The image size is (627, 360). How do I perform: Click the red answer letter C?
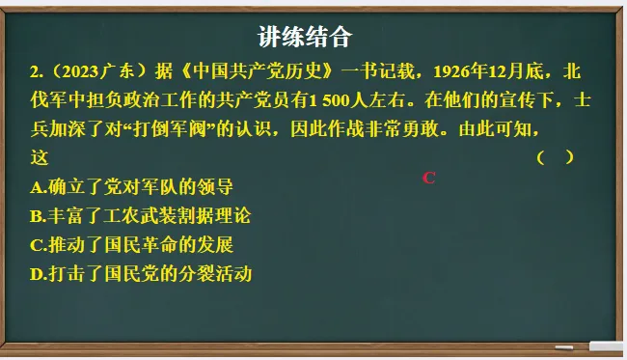pos(429,178)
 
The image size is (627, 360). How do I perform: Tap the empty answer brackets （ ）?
pos(555,157)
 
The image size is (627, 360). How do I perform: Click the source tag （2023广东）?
pos(95,72)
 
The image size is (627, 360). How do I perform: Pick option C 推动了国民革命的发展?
pos(132,244)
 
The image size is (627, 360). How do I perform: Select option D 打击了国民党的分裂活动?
pos(141,273)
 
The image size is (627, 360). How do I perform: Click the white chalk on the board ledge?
pos(607,346)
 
